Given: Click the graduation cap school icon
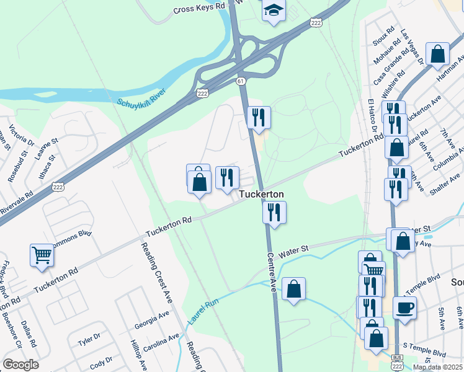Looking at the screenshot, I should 272,11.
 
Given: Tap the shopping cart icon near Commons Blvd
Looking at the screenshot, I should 42,255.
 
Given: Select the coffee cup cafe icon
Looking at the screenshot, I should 404,308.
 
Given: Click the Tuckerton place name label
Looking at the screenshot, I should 262,194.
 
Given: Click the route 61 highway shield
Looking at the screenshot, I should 241,81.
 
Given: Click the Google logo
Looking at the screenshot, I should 20,365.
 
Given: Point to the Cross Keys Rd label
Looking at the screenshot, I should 199,9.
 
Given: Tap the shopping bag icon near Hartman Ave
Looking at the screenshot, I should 438,54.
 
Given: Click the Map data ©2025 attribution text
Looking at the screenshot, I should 438,367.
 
